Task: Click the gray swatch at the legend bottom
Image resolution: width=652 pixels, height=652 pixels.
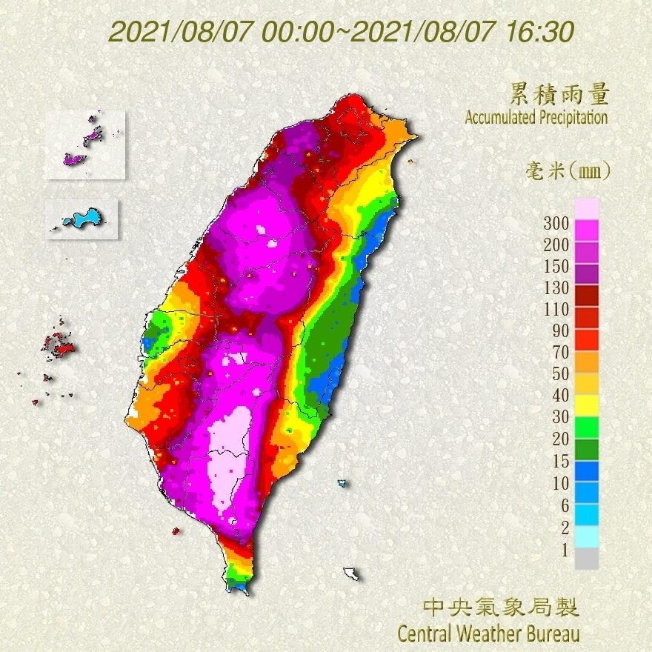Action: pos(586,559)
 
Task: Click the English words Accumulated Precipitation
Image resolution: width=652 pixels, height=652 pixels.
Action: pos(536,117)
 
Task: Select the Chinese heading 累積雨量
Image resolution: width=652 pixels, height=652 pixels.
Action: pos(559,95)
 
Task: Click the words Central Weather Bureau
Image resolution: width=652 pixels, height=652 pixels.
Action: pos(488,634)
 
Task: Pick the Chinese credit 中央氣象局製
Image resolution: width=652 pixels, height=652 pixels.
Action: pos(501,608)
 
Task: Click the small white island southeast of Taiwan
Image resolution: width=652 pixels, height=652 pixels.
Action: pos(351,573)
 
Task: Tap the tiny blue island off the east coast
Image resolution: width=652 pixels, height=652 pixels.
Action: pos(342,483)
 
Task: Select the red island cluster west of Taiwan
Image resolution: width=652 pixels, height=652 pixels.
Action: pos(59,344)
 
